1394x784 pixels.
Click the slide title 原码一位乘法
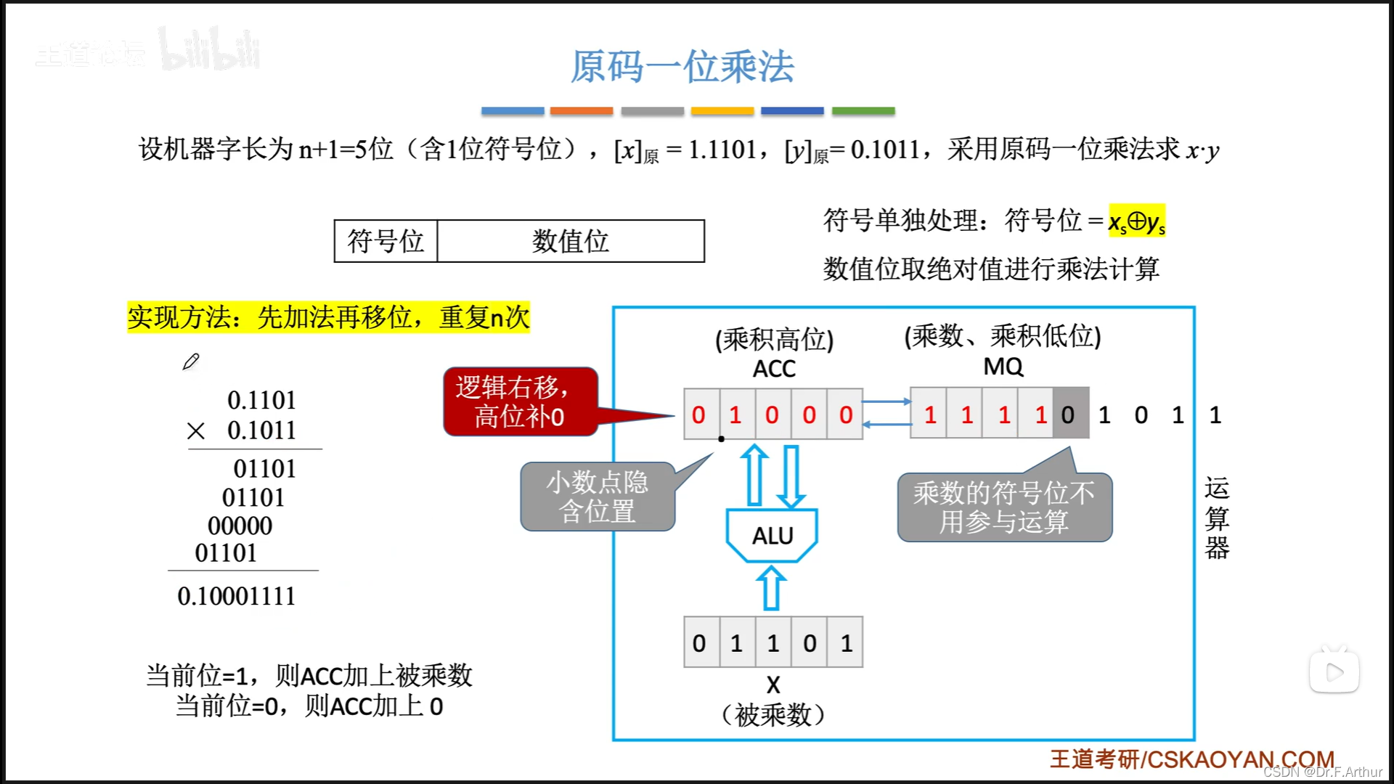[x=682, y=67]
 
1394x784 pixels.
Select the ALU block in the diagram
[x=773, y=536]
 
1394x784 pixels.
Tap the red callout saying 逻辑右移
[x=520, y=401]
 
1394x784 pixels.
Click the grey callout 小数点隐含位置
[x=597, y=497]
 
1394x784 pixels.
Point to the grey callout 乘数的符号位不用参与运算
[x=1004, y=507]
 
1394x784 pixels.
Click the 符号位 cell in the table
[x=386, y=241]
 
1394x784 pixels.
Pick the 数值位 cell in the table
[x=571, y=241]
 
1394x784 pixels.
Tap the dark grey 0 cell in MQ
[x=1069, y=415]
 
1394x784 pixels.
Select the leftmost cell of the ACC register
[x=700, y=415]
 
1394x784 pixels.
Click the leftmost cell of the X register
[x=700, y=642]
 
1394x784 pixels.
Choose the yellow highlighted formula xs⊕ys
[x=1136, y=221]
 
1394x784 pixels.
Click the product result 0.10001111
[x=237, y=596]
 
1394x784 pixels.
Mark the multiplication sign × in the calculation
[x=195, y=431]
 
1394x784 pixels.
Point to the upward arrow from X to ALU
[x=772, y=588]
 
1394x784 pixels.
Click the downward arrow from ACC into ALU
[x=791, y=476]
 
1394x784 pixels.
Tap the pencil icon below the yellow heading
[x=191, y=362]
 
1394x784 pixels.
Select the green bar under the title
[x=863, y=111]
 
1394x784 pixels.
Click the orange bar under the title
[x=581, y=111]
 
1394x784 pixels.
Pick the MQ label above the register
[x=1003, y=367]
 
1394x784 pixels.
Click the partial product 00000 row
[x=240, y=526]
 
